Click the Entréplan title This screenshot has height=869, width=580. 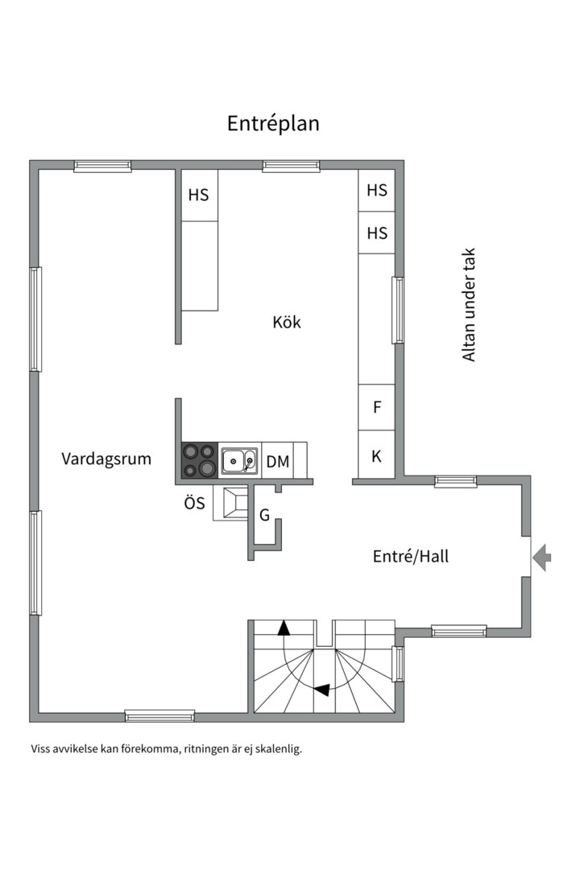pyautogui.click(x=273, y=123)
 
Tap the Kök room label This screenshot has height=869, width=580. pyautogui.click(x=287, y=322)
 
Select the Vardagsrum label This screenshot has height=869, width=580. pyautogui.click(x=106, y=459)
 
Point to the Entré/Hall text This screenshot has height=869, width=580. pyautogui.click(x=410, y=555)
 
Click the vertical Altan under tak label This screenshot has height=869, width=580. pyautogui.click(x=469, y=304)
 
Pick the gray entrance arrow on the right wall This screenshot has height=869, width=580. pyautogui.click(x=542, y=557)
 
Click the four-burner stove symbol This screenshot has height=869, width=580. pyautogui.click(x=199, y=461)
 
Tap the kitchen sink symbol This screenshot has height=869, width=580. pyautogui.click(x=239, y=461)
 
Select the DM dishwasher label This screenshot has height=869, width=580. pyautogui.click(x=277, y=462)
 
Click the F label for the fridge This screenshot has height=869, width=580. pyautogui.click(x=376, y=408)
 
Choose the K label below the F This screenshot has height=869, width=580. pyautogui.click(x=376, y=456)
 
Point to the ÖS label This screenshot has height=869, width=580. pyautogui.click(x=194, y=505)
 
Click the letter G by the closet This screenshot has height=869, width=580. pyautogui.click(x=264, y=515)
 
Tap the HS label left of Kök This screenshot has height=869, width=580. pyautogui.click(x=198, y=195)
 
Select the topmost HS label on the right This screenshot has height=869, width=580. pyautogui.click(x=376, y=191)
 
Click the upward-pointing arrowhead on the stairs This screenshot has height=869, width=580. pyautogui.click(x=284, y=628)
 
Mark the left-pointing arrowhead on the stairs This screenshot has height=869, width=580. pyautogui.click(x=321, y=690)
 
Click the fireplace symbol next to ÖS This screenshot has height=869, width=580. pyautogui.click(x=232, y=503)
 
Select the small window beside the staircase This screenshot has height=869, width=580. pyautogui.click(x=397, y=664)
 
